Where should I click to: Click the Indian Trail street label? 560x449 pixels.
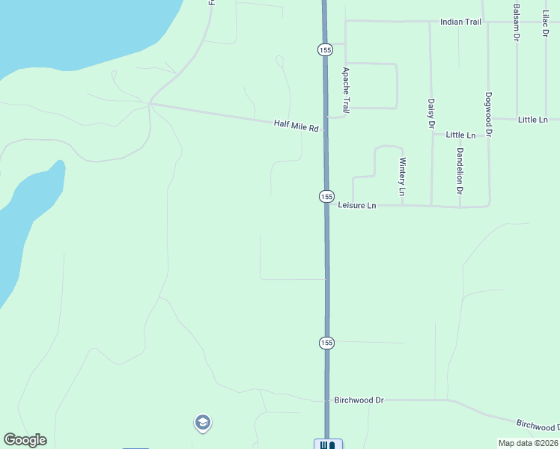tap(460, 22)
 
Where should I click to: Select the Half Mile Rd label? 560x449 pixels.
tap(296, 126)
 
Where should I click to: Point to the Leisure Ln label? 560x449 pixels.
tap(356, 205)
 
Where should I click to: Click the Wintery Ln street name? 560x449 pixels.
tap(402, 177)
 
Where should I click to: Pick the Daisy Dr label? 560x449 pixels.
tap(431, 114)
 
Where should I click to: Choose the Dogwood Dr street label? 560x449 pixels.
tap(488, 114)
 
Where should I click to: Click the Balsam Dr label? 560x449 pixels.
tap(517, 22)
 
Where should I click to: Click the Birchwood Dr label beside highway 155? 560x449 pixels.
tap(359, 400)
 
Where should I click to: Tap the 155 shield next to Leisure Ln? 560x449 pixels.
tap(326, 196)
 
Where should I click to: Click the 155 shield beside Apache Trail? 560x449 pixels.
tap(323, 49)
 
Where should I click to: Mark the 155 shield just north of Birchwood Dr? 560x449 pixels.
tap(326, 343)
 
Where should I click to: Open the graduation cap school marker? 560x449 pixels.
tap(201, 424)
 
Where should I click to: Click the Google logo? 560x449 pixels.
tap(25, 440)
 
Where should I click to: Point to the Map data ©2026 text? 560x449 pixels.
tap(528, 443)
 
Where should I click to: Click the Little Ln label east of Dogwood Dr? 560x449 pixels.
tap(532, 120)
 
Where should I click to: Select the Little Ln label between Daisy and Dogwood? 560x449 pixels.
tap(460, 135)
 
